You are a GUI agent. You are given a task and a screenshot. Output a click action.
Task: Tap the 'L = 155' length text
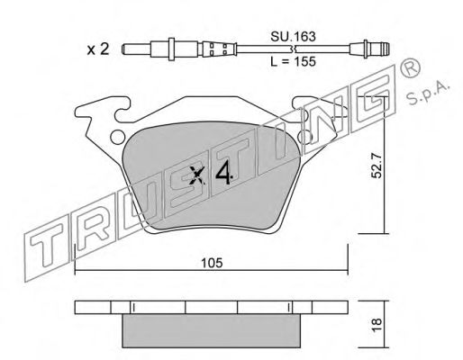pos(296,62)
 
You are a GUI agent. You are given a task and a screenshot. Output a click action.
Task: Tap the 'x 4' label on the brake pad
pos(213,175)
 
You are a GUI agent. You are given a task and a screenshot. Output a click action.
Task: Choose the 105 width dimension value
pos(210,263)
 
